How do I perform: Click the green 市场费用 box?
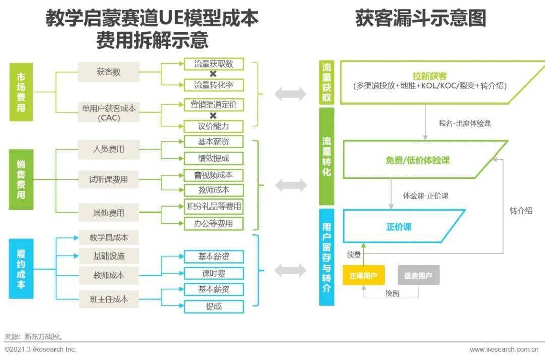[21, 92]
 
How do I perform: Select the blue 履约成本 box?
[21, 269]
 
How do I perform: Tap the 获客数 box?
[108, 72]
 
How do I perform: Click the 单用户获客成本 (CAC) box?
[108, 113]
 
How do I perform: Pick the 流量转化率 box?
[213, 85]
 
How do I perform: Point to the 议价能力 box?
[213, 126]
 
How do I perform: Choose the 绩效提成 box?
[213, 158]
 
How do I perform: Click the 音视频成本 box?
[213, 175]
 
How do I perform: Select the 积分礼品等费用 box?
[213, 207]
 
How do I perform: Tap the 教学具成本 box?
[109, 238]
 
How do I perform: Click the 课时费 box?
[213, 273]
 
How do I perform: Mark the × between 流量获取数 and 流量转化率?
[213, 74]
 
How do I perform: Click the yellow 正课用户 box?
[363, 275]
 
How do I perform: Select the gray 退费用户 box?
[418, 275]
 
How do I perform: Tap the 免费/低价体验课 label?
[417, 160]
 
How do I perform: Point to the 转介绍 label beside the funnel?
[521, 211]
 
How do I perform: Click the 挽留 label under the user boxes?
[393, 293]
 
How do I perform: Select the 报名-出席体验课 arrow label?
[465, 123]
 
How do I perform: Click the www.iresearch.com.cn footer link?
[504, 349]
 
